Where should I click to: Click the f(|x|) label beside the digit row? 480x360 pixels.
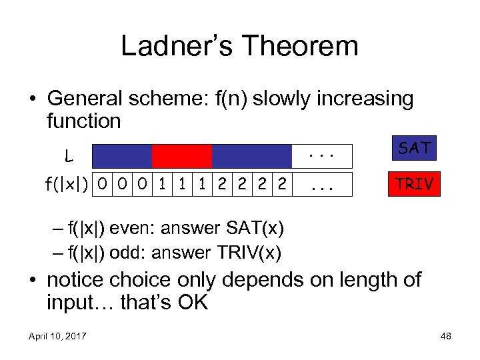[68, 183]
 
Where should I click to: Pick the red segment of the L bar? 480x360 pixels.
[182, 156]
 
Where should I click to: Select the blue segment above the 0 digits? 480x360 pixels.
[122, 156]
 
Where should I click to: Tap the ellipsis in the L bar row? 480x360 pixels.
[323, 156]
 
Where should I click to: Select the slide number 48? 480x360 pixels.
[445, 336]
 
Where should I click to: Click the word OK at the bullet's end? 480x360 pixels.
[193, 303]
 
